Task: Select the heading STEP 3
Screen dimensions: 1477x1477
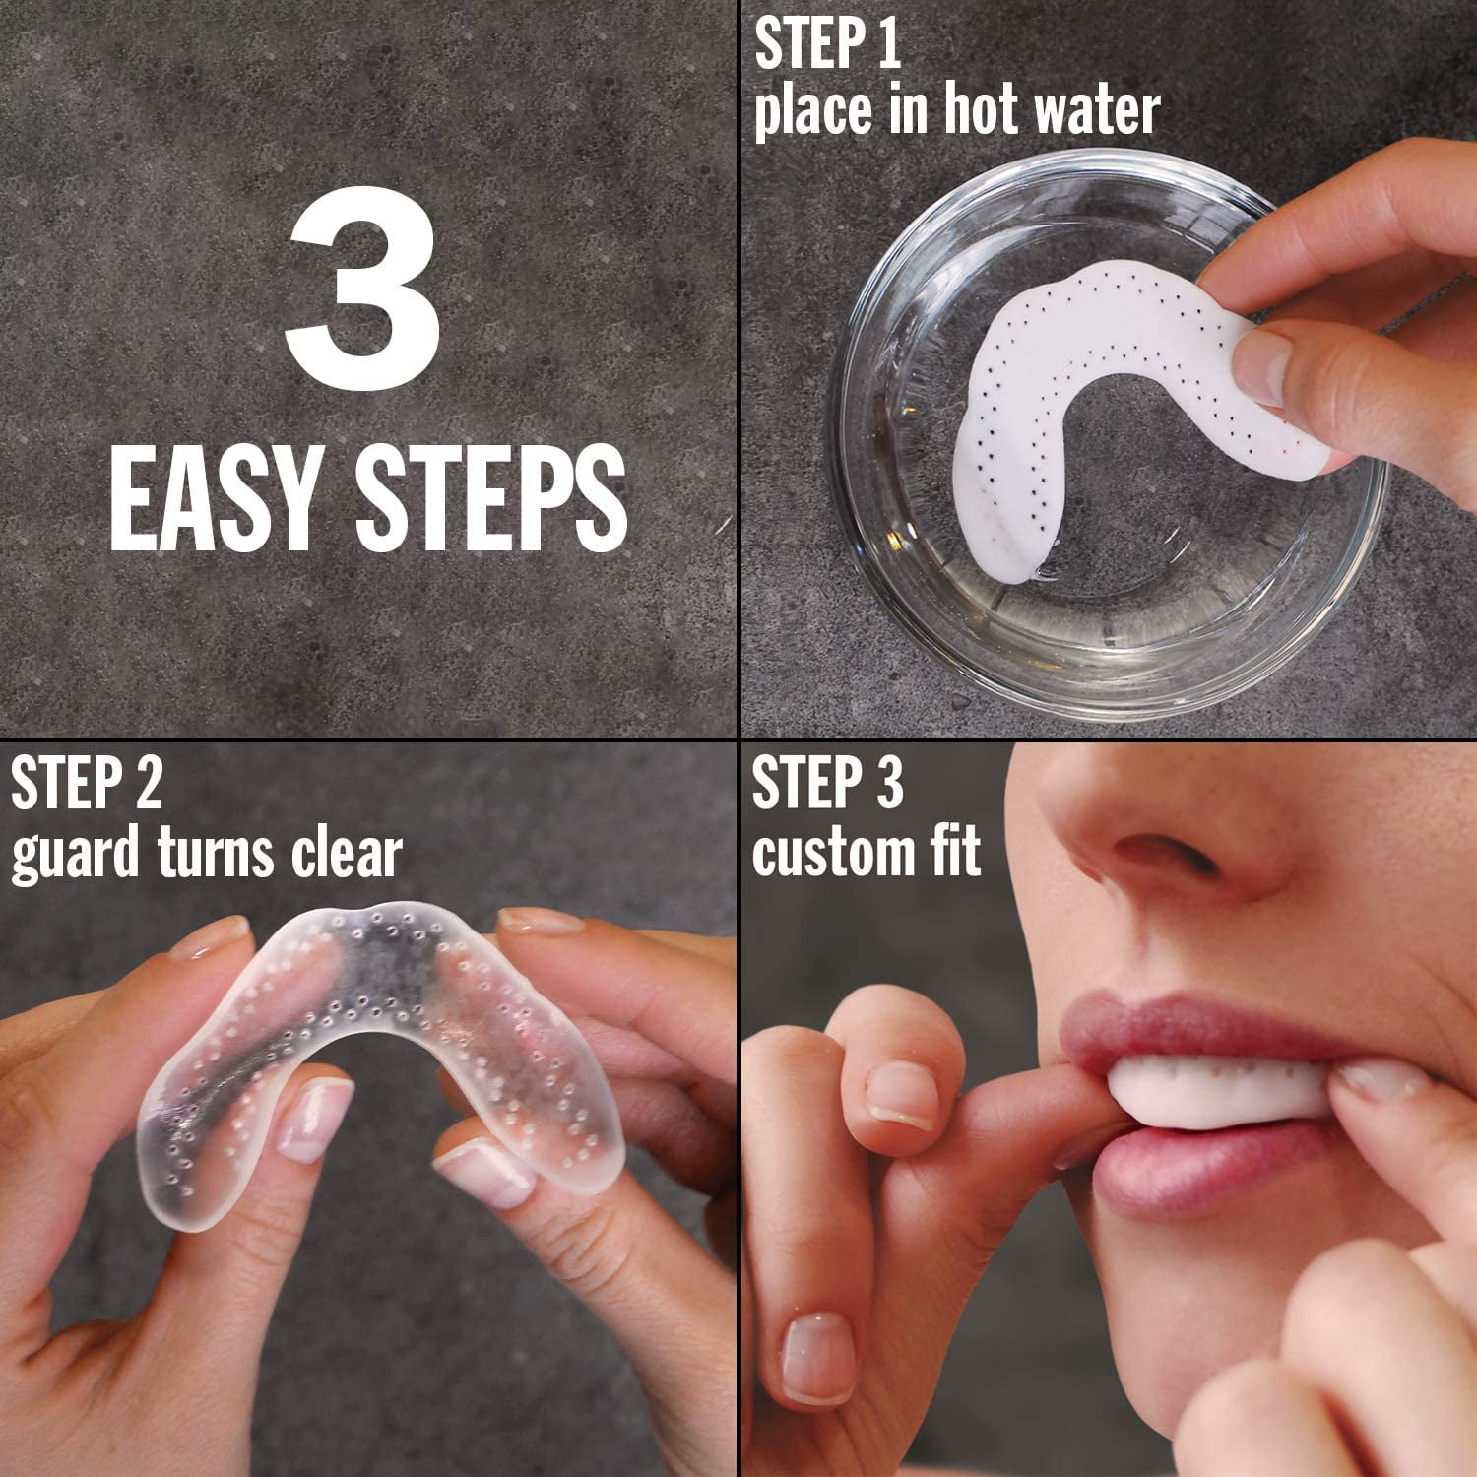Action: tap(827, 784)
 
